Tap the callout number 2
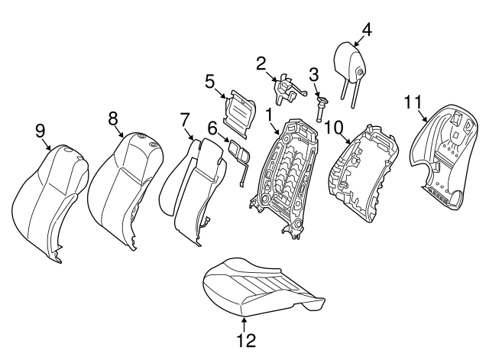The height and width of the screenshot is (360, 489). [261, 63]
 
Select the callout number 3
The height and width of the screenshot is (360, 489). [313, 74]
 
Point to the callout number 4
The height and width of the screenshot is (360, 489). [366, 30]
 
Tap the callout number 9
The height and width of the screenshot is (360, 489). [40, 131]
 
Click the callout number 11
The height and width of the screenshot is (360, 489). [413, 101]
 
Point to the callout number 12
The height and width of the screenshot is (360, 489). [245, 339]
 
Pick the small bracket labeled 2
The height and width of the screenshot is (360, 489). [284, 89]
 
